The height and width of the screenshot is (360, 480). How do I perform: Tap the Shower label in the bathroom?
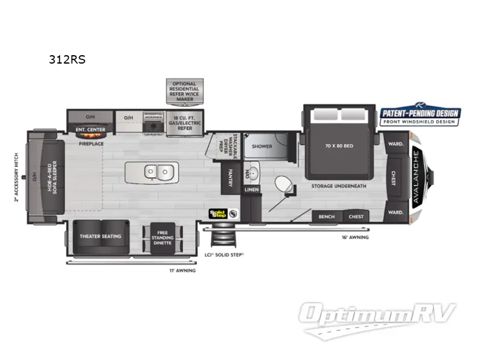(262, 146)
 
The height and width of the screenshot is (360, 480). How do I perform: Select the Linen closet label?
(251, 190)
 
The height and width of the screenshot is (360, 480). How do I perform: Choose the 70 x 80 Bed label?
(339, 146)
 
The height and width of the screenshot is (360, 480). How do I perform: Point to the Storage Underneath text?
(338, 186)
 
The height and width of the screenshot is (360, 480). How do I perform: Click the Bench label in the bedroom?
(326, 217)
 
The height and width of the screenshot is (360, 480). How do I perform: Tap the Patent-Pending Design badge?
(420, 115)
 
